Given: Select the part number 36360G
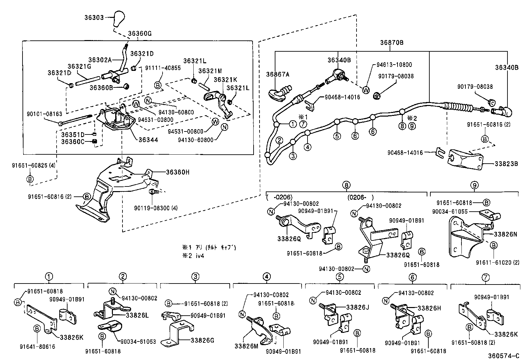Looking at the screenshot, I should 140,33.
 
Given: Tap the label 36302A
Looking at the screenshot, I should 99,60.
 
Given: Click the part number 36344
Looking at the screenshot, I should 148,140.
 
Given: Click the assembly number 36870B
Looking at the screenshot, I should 392,42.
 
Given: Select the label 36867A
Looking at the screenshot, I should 278,75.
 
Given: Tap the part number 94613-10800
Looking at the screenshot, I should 394,65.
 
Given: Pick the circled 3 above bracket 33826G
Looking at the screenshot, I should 195,276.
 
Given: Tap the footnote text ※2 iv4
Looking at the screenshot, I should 193,256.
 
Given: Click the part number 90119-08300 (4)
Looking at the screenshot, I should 156,208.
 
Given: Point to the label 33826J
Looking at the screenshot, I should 358,307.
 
